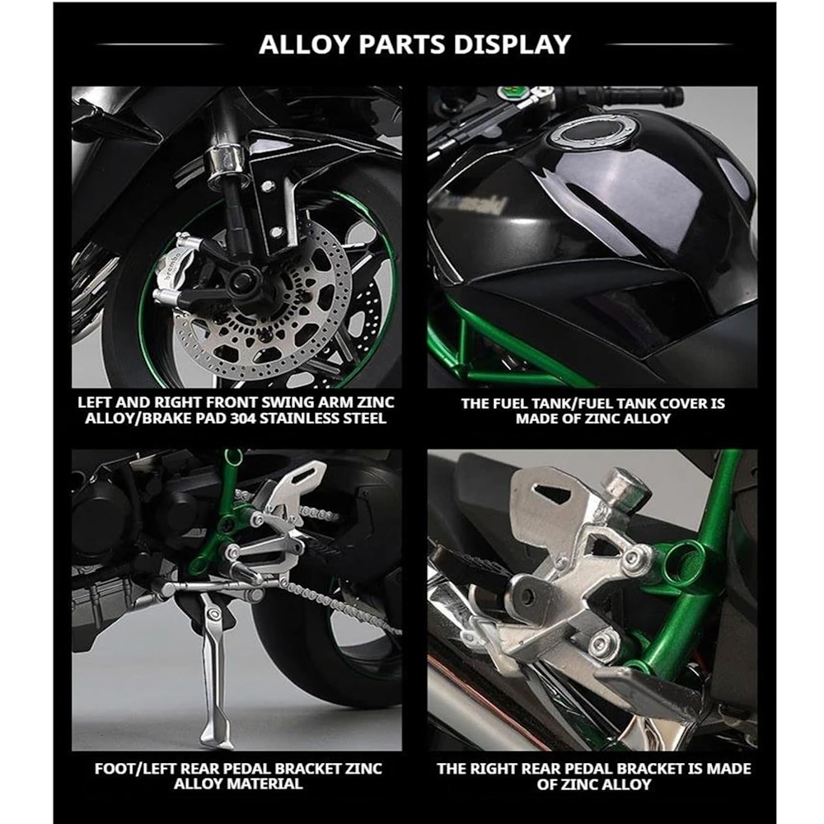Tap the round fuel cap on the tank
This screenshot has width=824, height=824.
[x=593, y=132]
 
